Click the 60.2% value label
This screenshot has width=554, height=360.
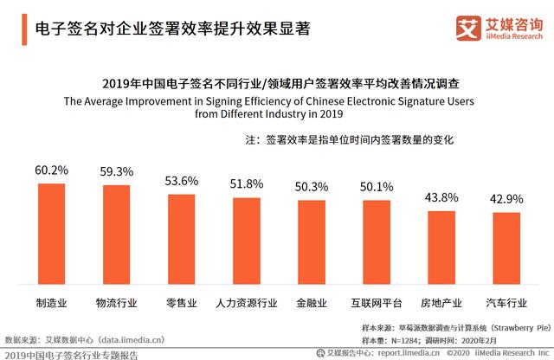tap(51, 170)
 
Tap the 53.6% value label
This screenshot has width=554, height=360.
tap(181, 181)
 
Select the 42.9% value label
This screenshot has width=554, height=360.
tap(506, 199)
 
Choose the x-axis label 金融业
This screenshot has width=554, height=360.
tap(312, 303)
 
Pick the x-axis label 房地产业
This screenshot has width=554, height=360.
tap(441, 303)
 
